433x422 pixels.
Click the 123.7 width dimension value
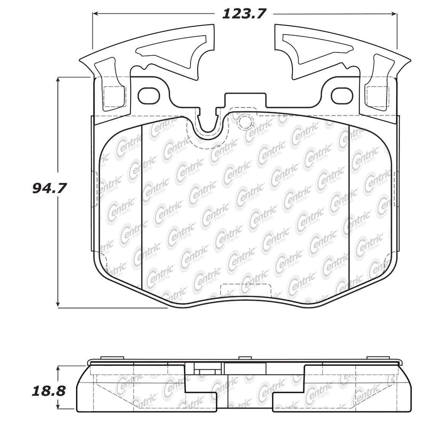point(244,14)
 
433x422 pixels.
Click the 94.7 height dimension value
point(49,188)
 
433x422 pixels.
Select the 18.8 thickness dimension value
point(49,391)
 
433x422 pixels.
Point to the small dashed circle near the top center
point(245,122)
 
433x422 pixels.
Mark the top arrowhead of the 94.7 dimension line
point(58,80)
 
